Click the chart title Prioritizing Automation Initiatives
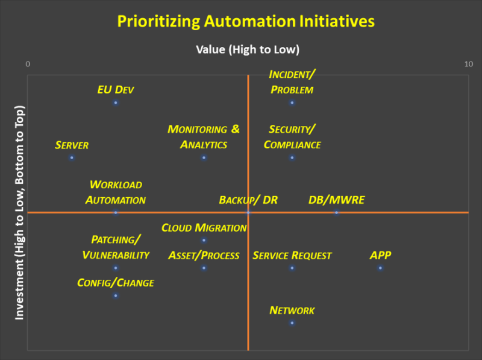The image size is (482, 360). [x=246, y=22]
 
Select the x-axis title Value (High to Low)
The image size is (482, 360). [x=248, y=49]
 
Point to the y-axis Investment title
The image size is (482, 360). [x=19, y=213]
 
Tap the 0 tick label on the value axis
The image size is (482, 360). [x=28, y=64]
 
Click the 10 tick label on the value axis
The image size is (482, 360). [x=469, y=64]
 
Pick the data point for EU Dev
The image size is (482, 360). [x=116, y=103]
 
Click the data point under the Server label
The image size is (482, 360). [x=72, y=157]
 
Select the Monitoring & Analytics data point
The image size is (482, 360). [x=204, y=157]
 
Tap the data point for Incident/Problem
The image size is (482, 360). [x=292, y=103]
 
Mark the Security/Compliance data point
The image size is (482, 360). [x=292, y=157]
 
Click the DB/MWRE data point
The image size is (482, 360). [x=336, y=213]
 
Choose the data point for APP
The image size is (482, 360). [x=380, y=268]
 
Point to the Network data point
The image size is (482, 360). [x=292, y=323]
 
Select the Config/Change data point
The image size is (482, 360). [x=116, y=295]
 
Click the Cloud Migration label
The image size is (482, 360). [x=204, y=228]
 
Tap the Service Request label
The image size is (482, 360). [x=292, y=256]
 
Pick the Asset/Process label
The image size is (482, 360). [x=204, y=256]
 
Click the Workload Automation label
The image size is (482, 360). [x=116, y=192]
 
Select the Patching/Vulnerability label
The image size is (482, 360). [x=116, y=247]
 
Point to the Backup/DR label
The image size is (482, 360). [x=248, y=200]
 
